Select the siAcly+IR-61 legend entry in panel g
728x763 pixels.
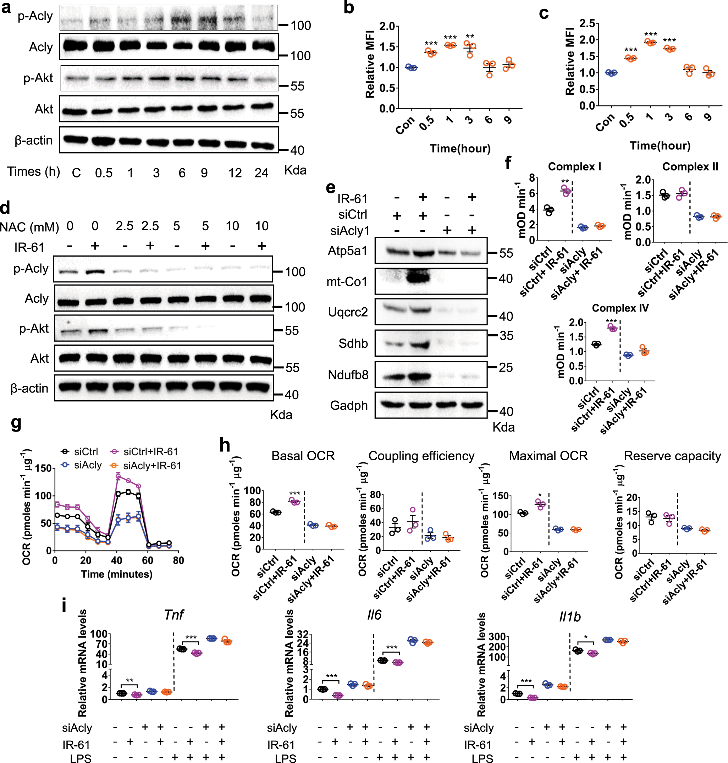tap(152, 465)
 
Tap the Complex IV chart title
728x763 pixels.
tap(620, 308)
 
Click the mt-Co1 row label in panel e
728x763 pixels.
tap(347, 282)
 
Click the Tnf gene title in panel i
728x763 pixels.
tap(173, 615)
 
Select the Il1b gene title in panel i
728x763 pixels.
tap(569, 616)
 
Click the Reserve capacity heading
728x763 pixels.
tap(672, 456)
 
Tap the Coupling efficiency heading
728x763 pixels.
tap(421, 456)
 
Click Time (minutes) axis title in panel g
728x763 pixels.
tap(116, 574)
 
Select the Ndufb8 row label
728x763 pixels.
tap(348, 375)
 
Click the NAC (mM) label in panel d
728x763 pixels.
tap(29, 227)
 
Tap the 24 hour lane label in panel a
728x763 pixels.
tap(261, 173)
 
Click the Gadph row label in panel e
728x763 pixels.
tap(348, 405)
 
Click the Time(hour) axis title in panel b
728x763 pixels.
tap(460, 148)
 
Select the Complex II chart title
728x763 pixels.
tap(690, 166)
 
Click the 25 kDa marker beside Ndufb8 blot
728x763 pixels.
tap(506, 367)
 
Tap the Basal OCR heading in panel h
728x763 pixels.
tap(303, 456)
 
